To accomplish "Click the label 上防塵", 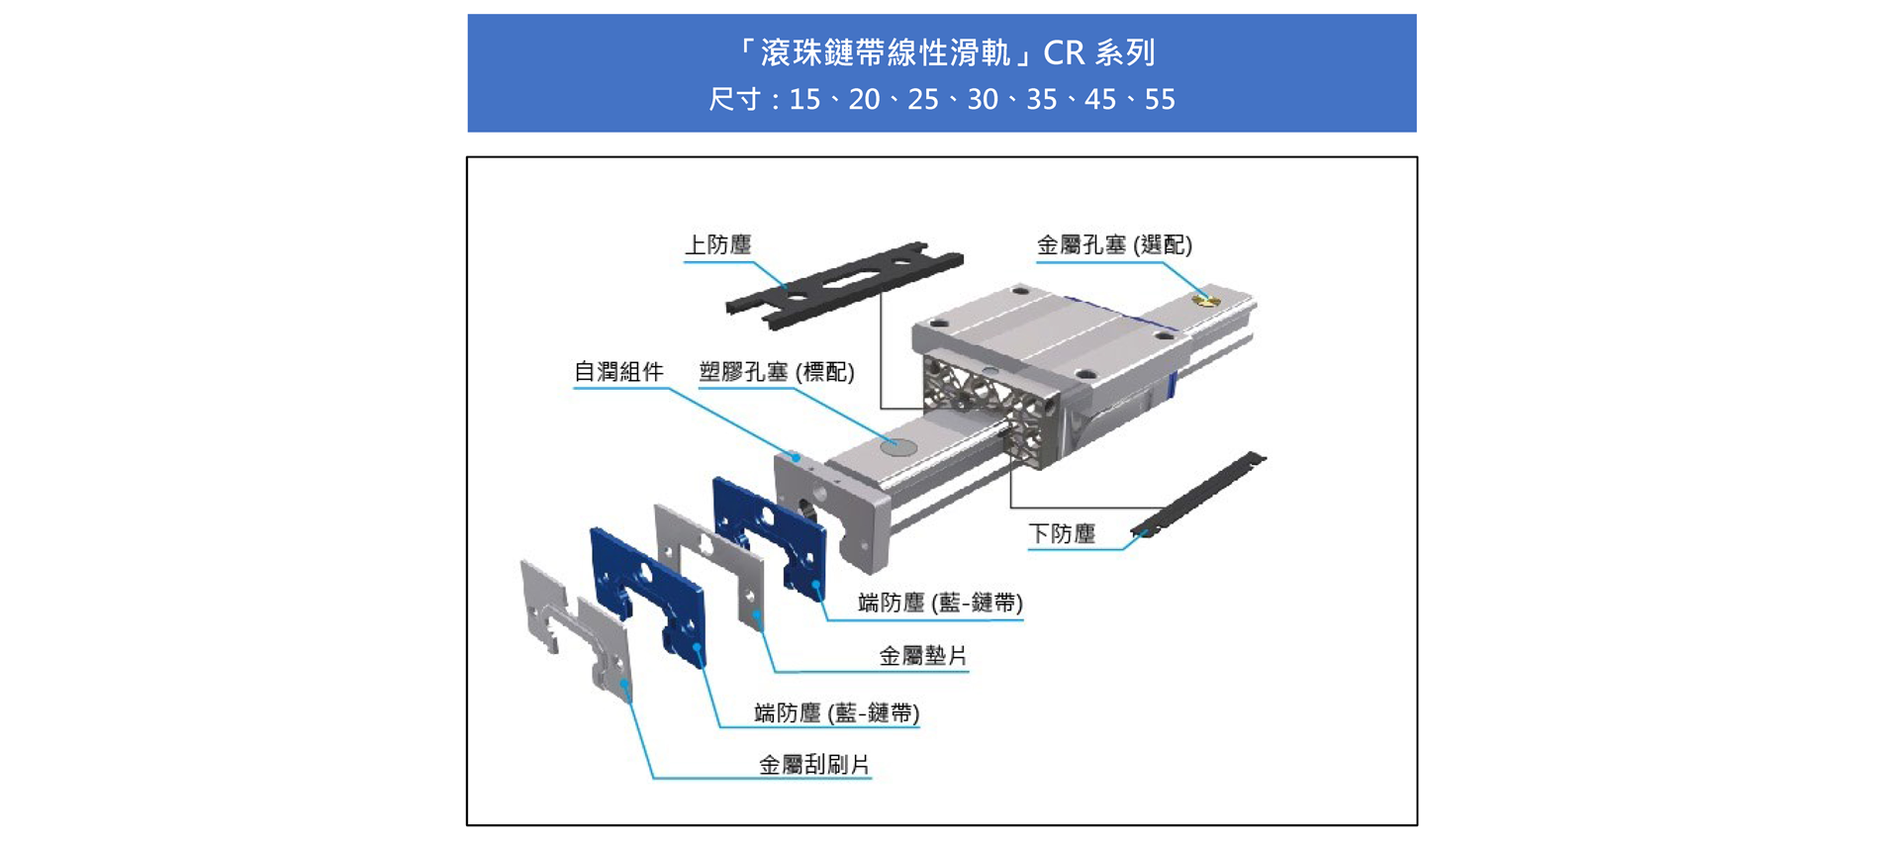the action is [718, 244].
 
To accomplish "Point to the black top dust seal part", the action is [843, 284].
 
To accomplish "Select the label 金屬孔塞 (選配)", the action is [1114, 244].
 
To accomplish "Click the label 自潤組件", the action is [618, 372].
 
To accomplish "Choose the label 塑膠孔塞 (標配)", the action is [777, 372].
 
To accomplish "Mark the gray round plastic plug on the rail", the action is [897, 446].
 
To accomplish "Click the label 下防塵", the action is [1062, 534].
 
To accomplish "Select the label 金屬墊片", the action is [923, 656].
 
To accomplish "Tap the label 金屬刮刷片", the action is [813, 765].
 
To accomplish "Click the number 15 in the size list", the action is [804, 100].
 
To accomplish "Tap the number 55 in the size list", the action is [1160, 100].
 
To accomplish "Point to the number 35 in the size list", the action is [1042, 100].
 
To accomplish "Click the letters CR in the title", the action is [1065, 52].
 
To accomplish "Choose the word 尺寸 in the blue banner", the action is [733, 100].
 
